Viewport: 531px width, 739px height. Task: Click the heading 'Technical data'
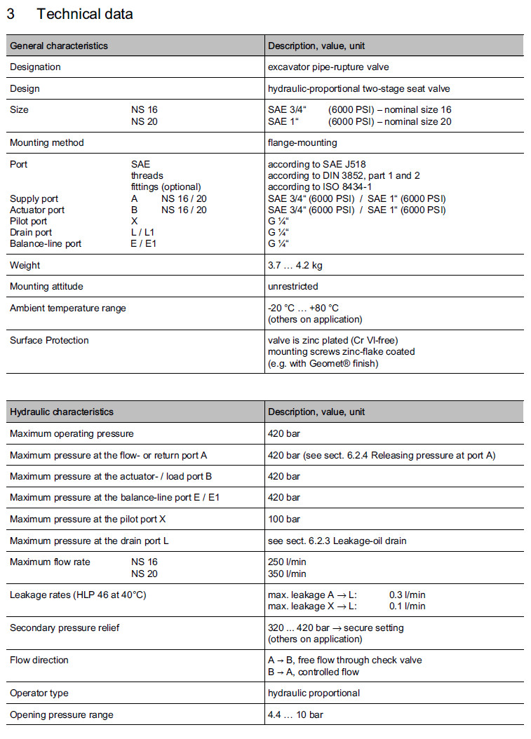tap(84, 14)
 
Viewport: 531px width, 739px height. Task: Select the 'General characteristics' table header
tap(59, 46)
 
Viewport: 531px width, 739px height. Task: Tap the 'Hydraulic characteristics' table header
tap(62, 412)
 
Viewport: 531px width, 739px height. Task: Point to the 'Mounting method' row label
tap(46, 142)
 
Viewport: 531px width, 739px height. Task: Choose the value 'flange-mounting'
tap(302, 142)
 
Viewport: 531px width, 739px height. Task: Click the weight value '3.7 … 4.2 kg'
tap(295, 265)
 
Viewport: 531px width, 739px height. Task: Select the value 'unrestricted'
tap(293, 286)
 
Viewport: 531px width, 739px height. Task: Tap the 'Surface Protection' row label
tap(49, 340)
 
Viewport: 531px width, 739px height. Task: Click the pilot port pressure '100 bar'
tap(284, 518)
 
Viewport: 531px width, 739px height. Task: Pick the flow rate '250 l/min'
tap(287, 562)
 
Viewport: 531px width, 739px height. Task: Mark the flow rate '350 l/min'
tap(287, 574)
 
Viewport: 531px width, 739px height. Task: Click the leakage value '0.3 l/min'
tap(407, 595)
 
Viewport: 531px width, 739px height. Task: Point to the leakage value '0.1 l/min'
tap(407, 606)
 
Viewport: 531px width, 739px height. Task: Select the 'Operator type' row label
tap(39, 693)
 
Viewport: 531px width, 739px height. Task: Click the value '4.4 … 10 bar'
tap(295, 714)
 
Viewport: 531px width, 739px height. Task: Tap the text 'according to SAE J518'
tap(317, 164)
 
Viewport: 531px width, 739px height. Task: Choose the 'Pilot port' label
tap(29, 221)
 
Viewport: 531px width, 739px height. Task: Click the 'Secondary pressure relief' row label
tap(65, 628)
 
